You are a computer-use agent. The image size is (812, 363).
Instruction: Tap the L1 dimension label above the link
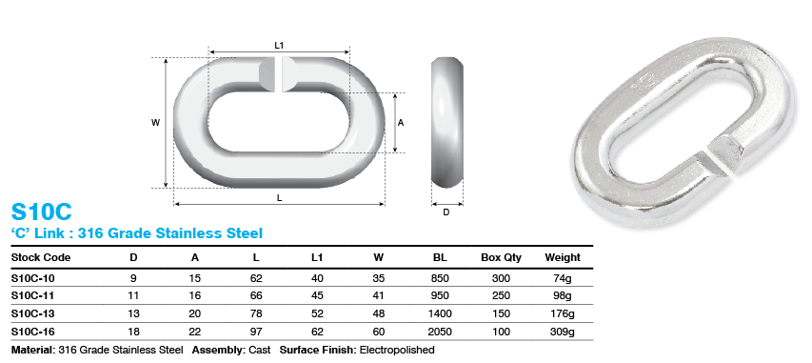point(279,44)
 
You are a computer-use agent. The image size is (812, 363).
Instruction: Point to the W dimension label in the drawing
point(155,122)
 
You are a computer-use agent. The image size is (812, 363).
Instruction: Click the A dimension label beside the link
point(401,123)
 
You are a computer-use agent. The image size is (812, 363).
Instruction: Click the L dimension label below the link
point(279,197)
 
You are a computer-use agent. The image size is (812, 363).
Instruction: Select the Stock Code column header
point(40,257)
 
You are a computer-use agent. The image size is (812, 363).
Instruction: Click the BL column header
point(440,257)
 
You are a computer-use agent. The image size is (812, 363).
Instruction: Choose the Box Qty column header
point(501,257)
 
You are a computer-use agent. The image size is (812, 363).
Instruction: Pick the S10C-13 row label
point(34,313)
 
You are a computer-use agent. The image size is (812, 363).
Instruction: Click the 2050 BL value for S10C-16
point(440,331)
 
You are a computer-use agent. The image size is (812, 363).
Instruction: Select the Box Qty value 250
point(501,294)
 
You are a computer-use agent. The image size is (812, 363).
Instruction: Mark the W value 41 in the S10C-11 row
point(378,294)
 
